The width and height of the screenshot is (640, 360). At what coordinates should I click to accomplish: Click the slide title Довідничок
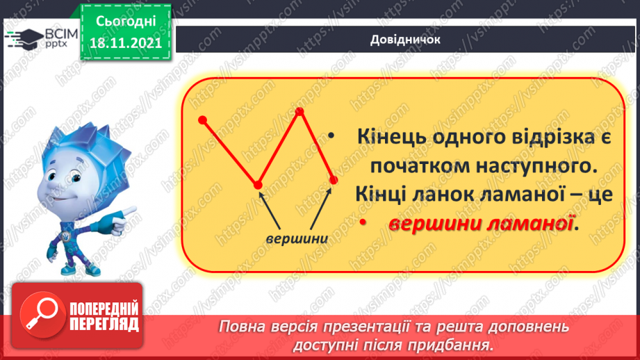click(x=406, y=40)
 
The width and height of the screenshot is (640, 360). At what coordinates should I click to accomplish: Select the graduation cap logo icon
click(x=24, y=37)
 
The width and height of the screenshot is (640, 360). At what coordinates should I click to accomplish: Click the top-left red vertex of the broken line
click(x=203, y=120)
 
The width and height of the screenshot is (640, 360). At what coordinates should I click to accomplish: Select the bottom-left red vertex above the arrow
click(x=258, y=184)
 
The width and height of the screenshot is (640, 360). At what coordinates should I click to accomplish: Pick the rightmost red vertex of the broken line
click(x=333, y=180)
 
